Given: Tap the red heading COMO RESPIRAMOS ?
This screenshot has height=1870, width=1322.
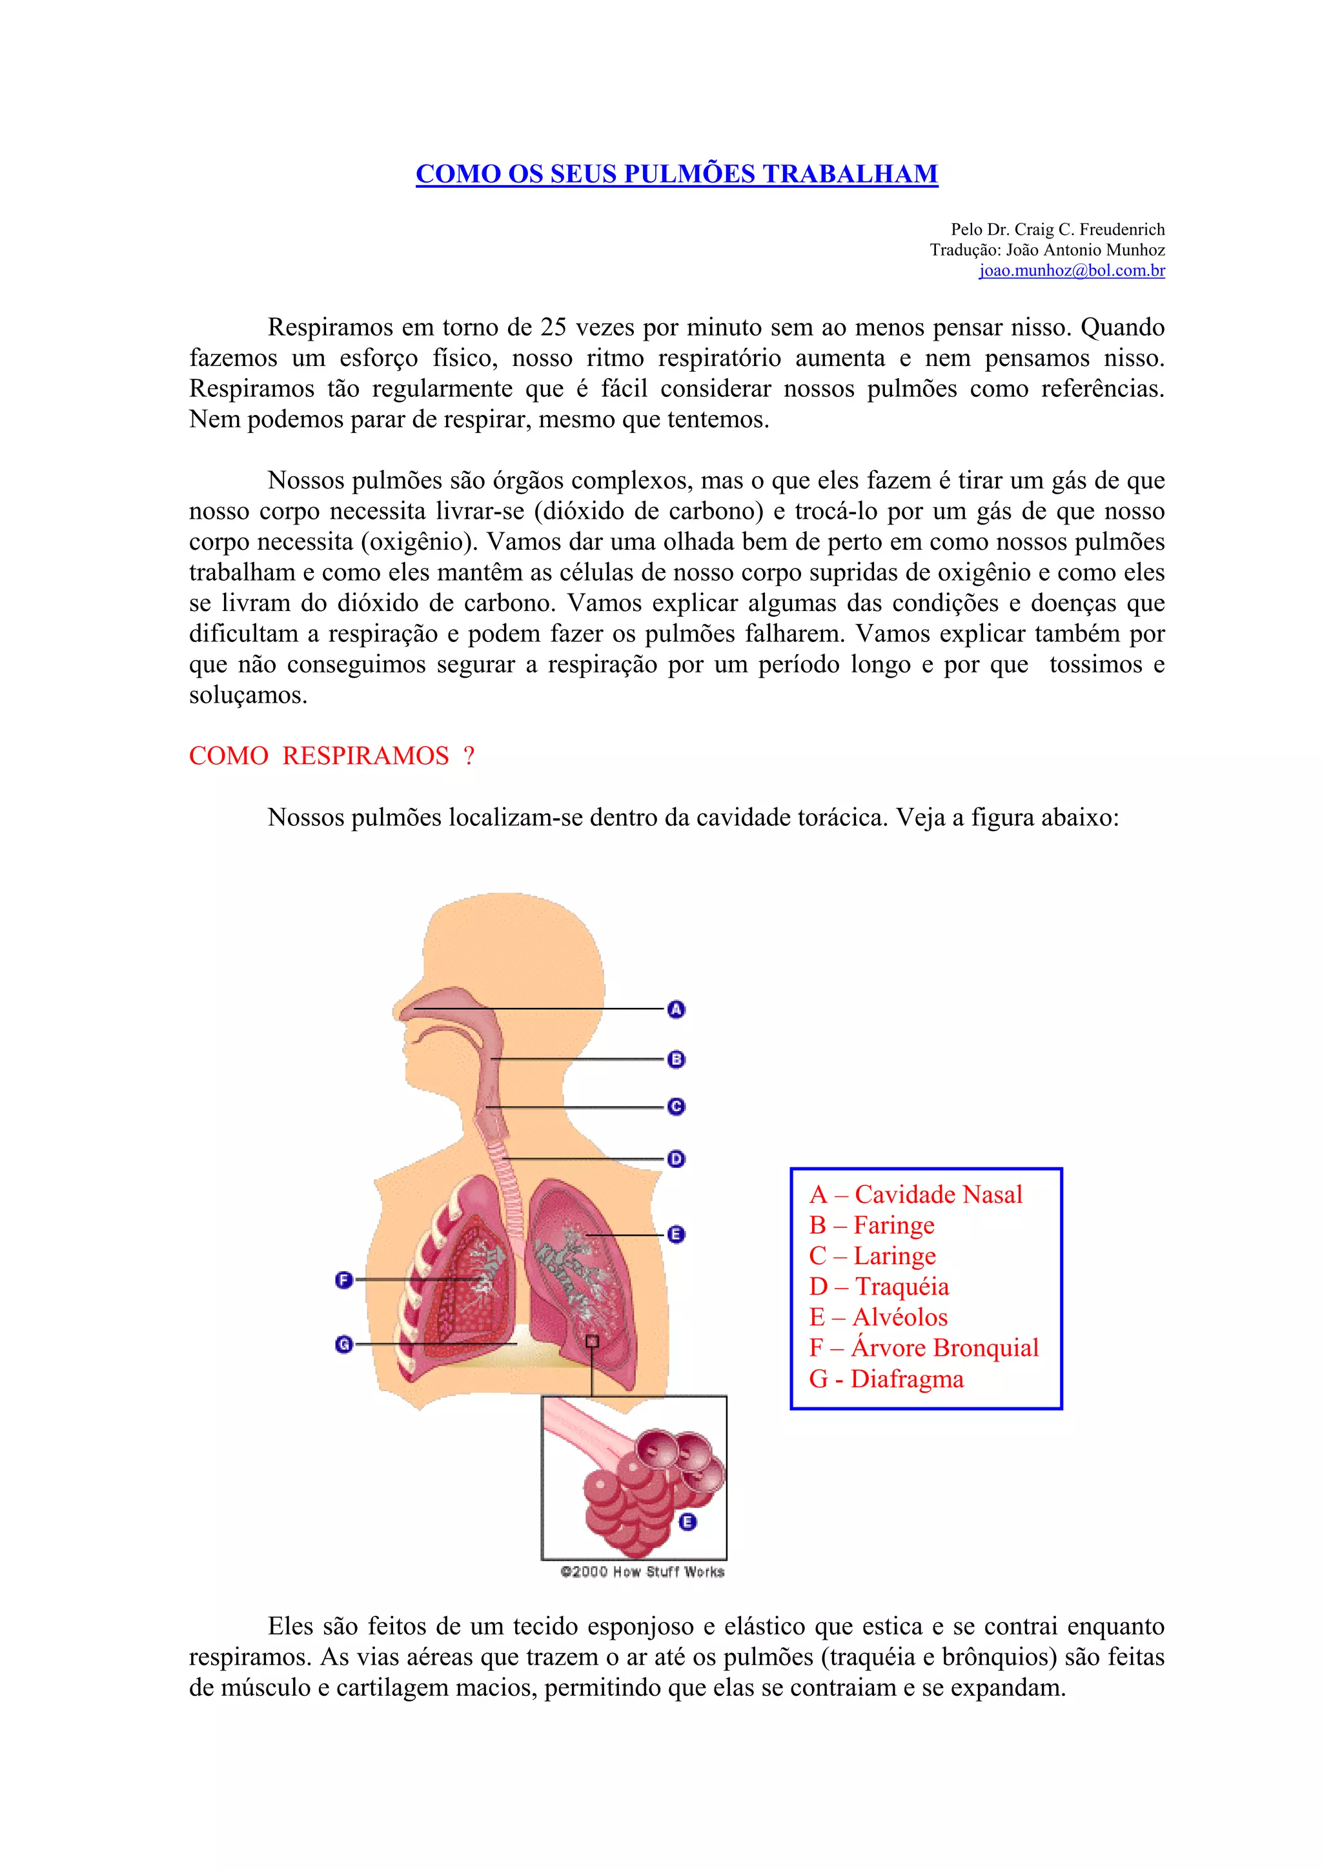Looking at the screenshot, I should pyautogui.click(x=332, y=756).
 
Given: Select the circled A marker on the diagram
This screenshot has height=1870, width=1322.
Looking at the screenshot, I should pyautogui.click(x=676, y=1009).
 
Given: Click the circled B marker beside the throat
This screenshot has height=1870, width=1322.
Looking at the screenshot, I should pyautogui.click(x=676, y=1059).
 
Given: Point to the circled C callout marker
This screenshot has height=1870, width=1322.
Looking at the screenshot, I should pyautogui.click(x=676, y=1106).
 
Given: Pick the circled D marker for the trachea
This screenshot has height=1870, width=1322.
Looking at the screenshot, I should pyautogui.click(x=676, y=1158).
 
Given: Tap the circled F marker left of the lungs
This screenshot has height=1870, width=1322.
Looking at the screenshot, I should pyautogui.click(x=344, y=1280).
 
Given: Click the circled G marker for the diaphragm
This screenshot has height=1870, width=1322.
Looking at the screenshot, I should pyautogui.click(x=344, y=1344).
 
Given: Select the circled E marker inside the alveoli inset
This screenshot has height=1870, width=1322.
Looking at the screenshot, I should pyautogui.click(x=687, y=1522).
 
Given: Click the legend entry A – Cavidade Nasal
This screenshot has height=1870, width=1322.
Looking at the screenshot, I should pyautogui.click(x=915, y=1195).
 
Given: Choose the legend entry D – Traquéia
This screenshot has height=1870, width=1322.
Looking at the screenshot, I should pyautogui.click(x=879, y=1287).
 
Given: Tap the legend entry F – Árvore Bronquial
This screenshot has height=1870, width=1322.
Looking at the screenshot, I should pyautogui.click(x=924, y=1348).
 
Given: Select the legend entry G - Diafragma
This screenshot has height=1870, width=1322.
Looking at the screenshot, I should pyautogui.click(x=886, y=1379).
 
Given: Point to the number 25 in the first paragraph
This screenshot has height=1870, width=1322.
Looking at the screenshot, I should pyautogui.click(x=553, y=327).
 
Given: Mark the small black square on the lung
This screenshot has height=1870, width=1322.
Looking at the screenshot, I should pyautogui.click(x=592, y=1342).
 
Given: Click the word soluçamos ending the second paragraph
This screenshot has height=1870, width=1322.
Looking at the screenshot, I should pyautogui.click(x=248, y=696).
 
